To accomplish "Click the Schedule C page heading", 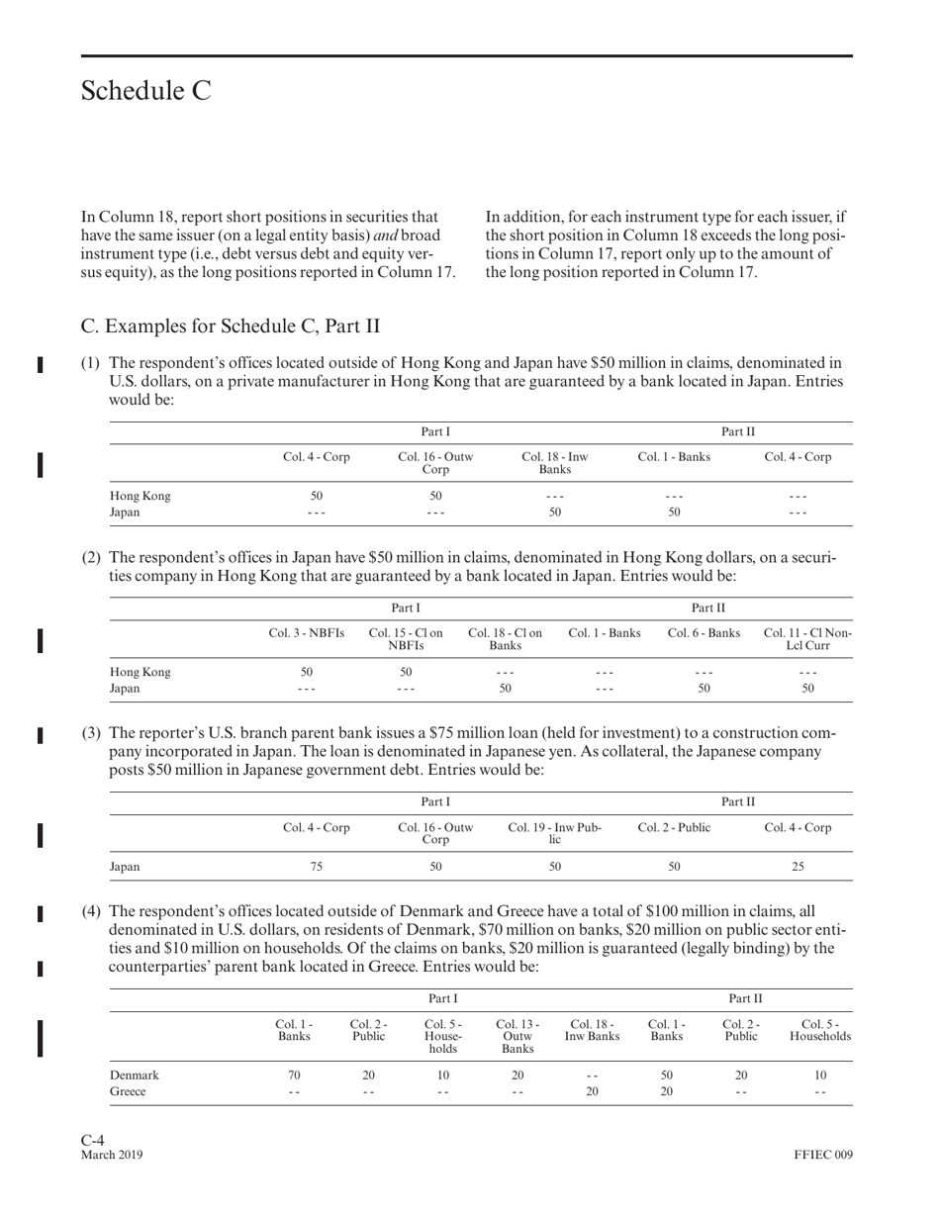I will click(x=145, y=91).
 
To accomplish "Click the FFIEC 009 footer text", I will click(x=822, y=1155).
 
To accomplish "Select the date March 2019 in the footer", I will click(x=112, y=1155).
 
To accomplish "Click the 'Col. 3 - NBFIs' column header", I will click(x=307, y=632).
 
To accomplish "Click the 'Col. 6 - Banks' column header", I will click(x=704, y=632).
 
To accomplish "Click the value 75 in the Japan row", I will click(x=317, y=866).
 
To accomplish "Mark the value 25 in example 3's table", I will click(x=798, y=866).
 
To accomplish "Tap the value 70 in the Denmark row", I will click(x=294, y=1075).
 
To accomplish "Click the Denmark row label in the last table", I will click(x=133, y=1075).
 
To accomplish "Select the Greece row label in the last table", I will click(x=128, y=1092).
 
